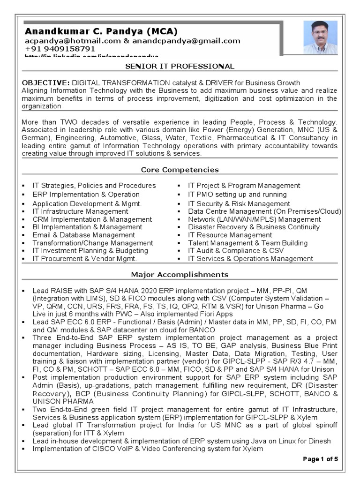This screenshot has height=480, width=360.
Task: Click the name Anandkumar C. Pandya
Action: click(101, 31)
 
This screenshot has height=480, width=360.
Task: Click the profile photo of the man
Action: click(320, 37)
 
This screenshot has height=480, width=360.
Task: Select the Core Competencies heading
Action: click(180, 170)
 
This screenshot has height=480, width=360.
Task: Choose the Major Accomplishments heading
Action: click(180, 274)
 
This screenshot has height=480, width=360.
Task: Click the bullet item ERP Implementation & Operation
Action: click(86, 195)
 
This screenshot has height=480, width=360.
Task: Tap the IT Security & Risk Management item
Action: click(239, 204)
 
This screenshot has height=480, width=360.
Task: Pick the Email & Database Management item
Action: click(83, 235)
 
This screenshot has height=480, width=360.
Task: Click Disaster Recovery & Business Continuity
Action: click(254, 227)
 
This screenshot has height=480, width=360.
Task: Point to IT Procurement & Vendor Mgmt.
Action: click(84, 258)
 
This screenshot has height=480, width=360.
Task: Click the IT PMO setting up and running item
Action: click(237, 195)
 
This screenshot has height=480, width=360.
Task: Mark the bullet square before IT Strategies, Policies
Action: click(23, 186)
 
